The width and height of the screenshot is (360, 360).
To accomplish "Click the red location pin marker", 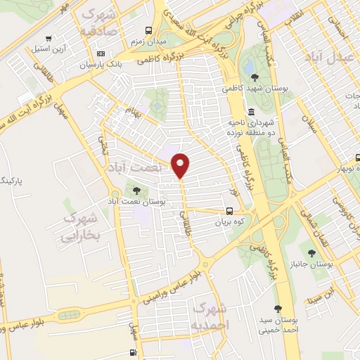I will point(181,165).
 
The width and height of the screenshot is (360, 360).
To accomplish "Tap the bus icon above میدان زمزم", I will point(148,30).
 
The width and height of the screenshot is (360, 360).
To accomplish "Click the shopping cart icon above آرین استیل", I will point(47,39).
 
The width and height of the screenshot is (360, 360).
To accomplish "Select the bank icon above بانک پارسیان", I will point(101,54).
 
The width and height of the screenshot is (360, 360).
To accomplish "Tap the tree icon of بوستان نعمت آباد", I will point(136,190).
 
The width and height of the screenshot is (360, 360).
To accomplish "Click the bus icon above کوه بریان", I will point(230,211).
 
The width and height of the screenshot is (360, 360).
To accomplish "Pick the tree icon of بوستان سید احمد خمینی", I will point(279,308).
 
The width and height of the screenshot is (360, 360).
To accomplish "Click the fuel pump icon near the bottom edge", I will point(132,353).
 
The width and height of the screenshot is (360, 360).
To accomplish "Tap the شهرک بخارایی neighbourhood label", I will point(82,226).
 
